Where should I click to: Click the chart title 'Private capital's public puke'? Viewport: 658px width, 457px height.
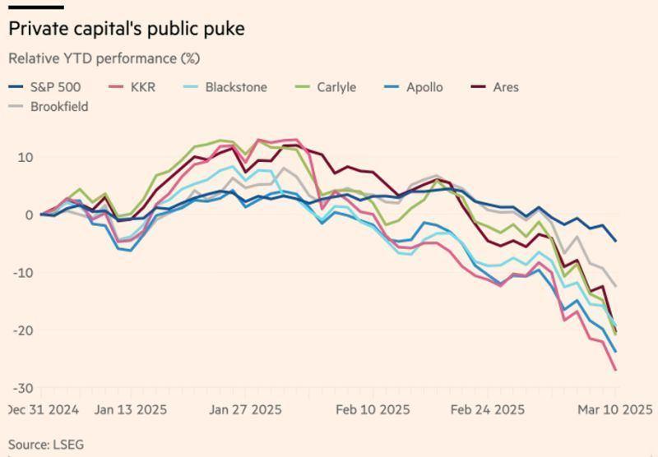pos(126,29)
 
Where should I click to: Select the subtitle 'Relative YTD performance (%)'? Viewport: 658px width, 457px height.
pos(104,58)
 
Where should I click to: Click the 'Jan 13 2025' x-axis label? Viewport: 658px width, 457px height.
pos(130,409)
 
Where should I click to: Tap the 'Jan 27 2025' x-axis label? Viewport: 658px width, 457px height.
pos(245,409)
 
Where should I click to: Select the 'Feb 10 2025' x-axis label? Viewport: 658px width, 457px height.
pos(373,409)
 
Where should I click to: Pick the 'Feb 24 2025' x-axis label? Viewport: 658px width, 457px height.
pos(489,409)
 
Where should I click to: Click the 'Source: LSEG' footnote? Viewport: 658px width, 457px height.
pos(46,445)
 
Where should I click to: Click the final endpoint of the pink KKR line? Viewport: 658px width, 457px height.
pos(615,370)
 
